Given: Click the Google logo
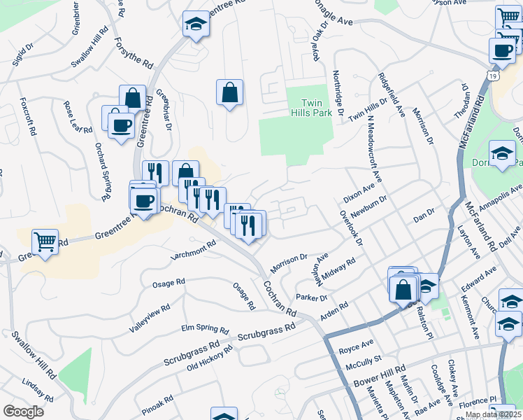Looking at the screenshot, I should [x=23, y=412].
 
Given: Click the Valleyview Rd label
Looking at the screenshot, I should [x=150, y=318].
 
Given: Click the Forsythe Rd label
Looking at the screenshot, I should [x=133, y=52].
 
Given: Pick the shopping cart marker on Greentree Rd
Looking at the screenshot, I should [x=45, y=242].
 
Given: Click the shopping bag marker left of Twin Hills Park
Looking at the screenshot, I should [x=229, y=92].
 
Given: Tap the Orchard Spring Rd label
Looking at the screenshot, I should [x=103, y=171].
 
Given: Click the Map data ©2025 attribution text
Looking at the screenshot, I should [x=493, y=414].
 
